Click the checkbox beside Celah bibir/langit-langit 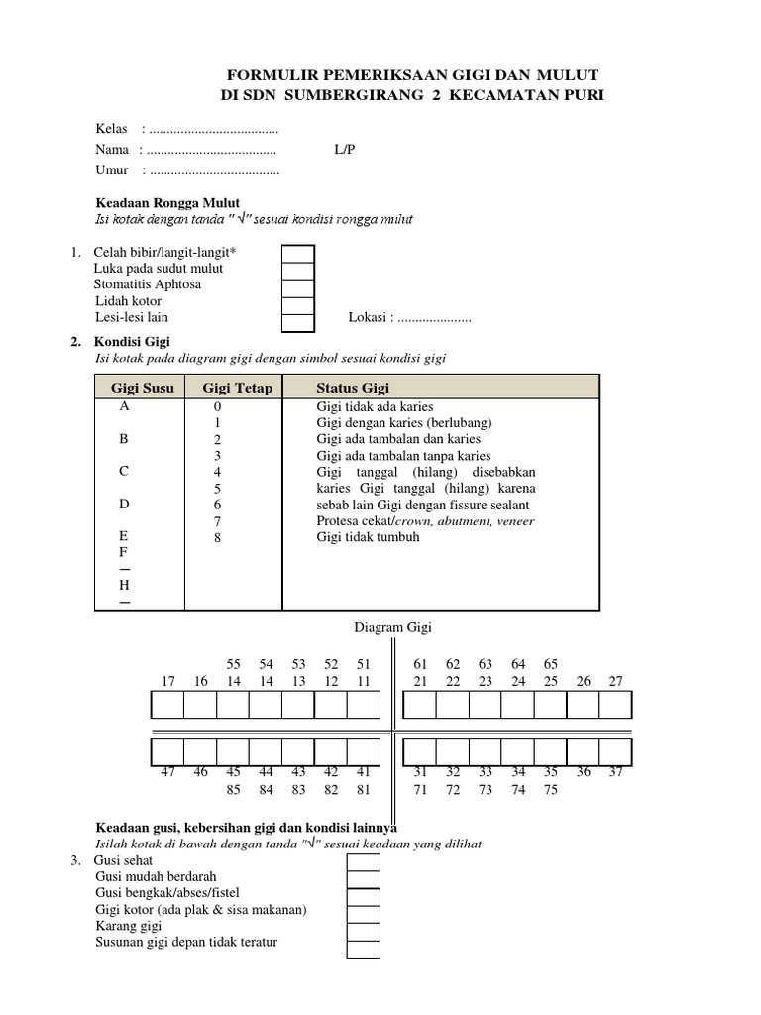(298, 253)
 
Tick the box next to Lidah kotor (298, 301)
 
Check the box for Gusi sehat (363, 862)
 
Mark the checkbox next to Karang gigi (363, 927)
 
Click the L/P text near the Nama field (345, 150)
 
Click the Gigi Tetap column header (237, 388)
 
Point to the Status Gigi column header (353, 388)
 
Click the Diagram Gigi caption (393, 627)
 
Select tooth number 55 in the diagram (234, 663)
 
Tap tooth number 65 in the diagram (551, 663)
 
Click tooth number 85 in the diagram (234, 790)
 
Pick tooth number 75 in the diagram (551, 790)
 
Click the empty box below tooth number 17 (168, 705)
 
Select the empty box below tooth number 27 (615, 705)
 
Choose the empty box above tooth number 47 (168, 748)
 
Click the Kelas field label (112, 129)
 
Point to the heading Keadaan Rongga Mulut (167, 202)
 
